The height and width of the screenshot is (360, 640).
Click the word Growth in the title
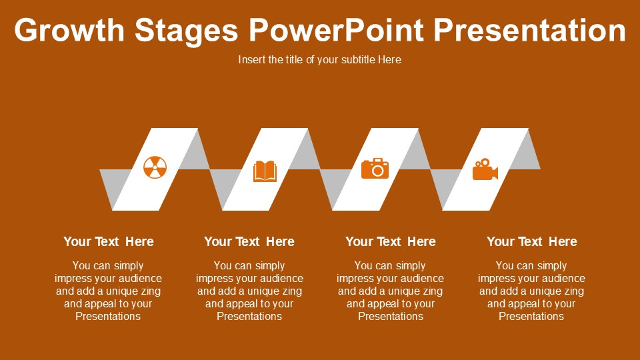(x=69, y=31)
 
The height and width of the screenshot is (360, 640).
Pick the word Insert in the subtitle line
(x=251, y=59)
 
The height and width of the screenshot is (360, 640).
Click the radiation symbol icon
(x=155, y=168)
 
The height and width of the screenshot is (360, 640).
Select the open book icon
(x=265, y=171)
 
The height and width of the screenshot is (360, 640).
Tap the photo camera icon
(x=375, y=169)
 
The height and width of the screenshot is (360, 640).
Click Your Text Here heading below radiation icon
(x=108, y=241)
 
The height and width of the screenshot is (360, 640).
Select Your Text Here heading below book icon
(x=249, y=241)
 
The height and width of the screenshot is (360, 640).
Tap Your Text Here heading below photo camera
(x=390, y=241)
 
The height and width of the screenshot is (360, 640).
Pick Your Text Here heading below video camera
(x=531, y=241)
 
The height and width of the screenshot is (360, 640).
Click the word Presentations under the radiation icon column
(x=108, y=316)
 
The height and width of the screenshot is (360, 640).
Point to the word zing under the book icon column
(x=291, y=291)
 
